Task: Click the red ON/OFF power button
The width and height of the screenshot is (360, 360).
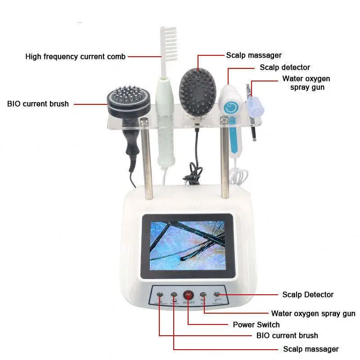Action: coord(188,296)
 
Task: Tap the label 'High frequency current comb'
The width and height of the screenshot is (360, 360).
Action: coord(76,57)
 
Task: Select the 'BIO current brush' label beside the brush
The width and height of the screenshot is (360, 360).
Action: coord(38,104)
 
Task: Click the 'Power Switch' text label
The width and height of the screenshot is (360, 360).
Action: coord(256,324)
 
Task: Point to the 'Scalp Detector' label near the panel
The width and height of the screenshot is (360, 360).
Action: coord(308,295)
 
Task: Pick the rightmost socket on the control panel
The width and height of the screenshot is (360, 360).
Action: coord(217,295)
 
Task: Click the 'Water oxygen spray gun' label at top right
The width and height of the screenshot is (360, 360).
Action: coord(306,83)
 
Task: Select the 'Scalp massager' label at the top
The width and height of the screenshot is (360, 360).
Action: coord(254,55)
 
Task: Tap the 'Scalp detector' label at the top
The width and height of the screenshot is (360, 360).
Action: coord(285,67)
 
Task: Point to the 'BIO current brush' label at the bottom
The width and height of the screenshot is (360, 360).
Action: coord(287,335)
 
